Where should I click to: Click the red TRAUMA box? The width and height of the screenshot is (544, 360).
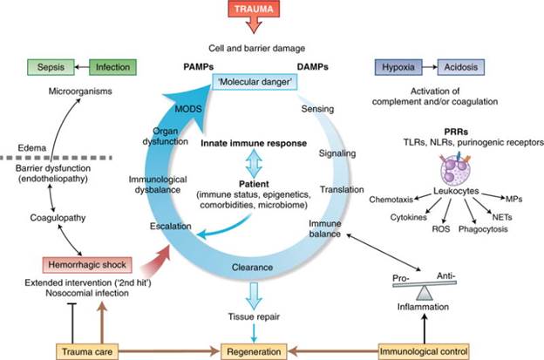(x=254, y=9)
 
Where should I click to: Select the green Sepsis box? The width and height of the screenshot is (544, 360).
(x=51, y=67)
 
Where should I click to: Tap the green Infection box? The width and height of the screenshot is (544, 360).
(x=112, y=67)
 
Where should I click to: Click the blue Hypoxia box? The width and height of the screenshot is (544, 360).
(x=398, y=67)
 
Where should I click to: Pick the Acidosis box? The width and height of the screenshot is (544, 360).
(x=460, y=67)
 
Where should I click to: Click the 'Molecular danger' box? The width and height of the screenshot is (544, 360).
(x=255, y=82)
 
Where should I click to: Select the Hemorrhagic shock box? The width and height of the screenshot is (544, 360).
(x=87, y=265)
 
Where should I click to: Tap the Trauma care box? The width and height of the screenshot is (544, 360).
(x=87, y=351)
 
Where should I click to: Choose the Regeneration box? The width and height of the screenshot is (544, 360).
(x=254, y=351)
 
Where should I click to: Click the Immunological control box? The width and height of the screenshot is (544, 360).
(x=424, y=351)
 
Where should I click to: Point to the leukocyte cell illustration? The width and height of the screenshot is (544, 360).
(x=455, y=168)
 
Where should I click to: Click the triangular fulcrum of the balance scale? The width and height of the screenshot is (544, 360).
(x=424, y=293)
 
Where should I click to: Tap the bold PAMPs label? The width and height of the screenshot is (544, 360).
(x=198, y=67)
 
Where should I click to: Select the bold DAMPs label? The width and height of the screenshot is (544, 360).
(x=313, y=67)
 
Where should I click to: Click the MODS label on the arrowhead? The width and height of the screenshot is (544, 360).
(x=188, y=109)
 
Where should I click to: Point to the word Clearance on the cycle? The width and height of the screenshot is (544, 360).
(x=252, y=268)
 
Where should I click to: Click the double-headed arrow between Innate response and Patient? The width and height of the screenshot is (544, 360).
(x=254, y=164)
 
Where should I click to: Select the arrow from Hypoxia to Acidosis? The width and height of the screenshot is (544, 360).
(x=430, y=67)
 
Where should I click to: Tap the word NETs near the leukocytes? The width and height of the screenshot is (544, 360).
(x=502, y=217)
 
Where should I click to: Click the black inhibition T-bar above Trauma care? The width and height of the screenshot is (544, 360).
(x=72, y=323)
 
